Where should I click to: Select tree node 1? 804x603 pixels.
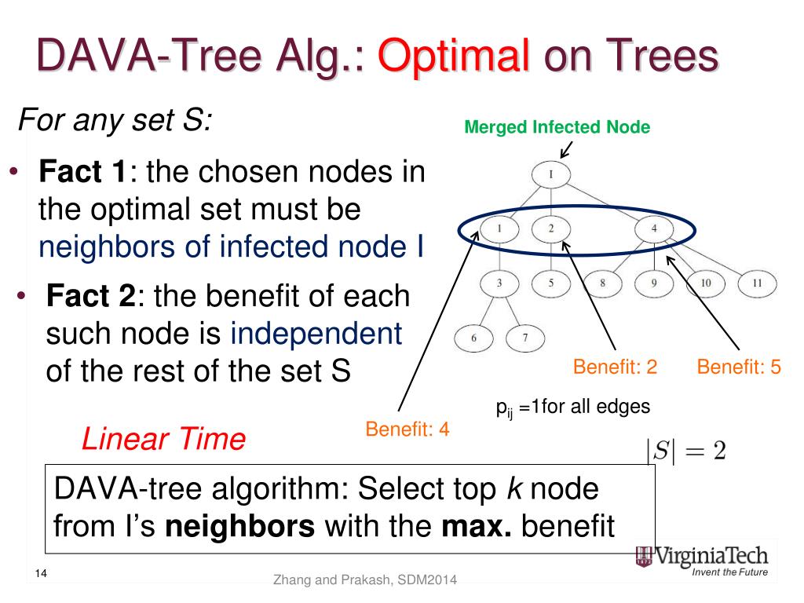pyautogui.click(x=499, y=229)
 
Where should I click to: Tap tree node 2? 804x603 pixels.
pyautogui.click(x=551, y=229)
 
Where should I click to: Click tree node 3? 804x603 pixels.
pyautogui.click(x=499, y=283)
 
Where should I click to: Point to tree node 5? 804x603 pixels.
pyautogui.click(x=551, y=283)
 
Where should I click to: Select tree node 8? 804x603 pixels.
pyautogui.click(x=603, y=283)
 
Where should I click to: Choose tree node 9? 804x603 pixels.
pyautogui.click(x=654, y=283)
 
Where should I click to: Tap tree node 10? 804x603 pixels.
pyautogui.click(x=706, y=283)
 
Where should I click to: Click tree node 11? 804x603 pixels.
pyautogui.click(x=757, y=283)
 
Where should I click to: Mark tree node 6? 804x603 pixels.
pyautogui.click(x=474, y=338)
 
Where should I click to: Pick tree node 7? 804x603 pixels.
pyautogui.click(x=525, y=338)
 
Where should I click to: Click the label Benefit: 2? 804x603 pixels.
pyautogui.click(x=615, y=367)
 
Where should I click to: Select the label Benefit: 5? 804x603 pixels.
pyautogui.click(x=739, y=367)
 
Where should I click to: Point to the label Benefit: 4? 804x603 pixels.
pyautogui.click(x=407, y=429)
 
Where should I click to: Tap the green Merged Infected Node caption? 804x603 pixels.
pyautogui.click(x=557, y=126)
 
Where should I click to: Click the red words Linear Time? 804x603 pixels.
pyautogui.click(x=163, y=440)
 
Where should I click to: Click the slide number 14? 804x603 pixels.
pyautogui.click(x=42, y=574)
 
